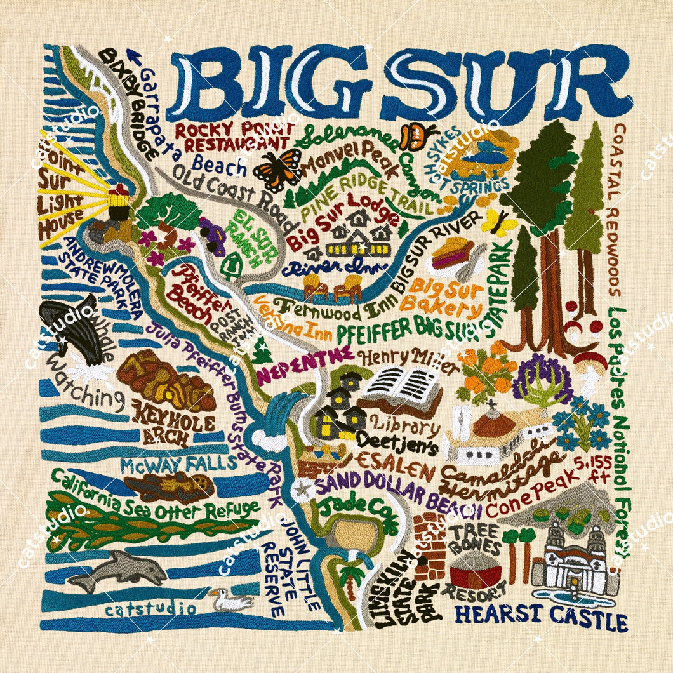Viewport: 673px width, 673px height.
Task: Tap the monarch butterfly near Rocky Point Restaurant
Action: tap(277, 169)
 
